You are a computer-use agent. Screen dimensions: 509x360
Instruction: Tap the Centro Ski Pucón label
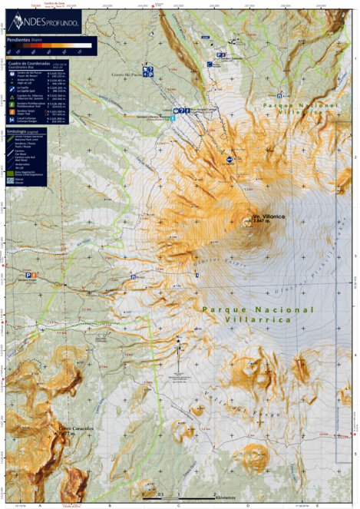(124, 75)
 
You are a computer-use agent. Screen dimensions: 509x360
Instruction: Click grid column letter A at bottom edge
(39, 504)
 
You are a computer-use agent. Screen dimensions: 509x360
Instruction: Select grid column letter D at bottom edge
(247, 504)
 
